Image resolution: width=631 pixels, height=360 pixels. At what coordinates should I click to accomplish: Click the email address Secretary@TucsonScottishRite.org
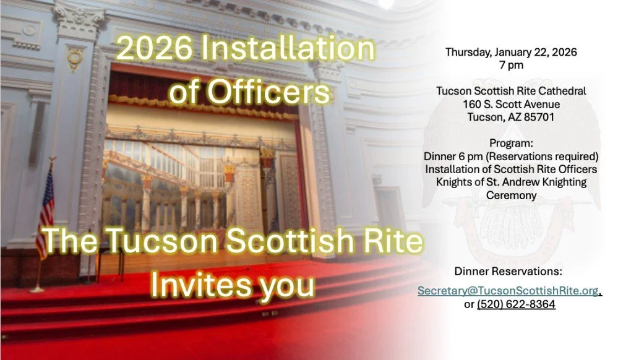click(x=509, y=291)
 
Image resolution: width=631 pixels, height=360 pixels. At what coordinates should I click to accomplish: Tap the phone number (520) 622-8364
click(x=516, y=304)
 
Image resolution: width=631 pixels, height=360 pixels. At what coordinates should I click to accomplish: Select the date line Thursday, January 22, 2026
click(x=511, y=52)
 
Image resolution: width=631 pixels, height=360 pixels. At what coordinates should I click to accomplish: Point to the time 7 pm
click(x=511, y=64)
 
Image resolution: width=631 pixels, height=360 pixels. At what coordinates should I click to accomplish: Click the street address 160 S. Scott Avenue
click(x=511, y=103)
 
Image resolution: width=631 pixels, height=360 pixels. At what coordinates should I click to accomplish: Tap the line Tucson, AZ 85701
click(x=511, y=116)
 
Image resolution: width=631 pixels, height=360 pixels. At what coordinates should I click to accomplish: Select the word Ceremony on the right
click(x=511, y=195)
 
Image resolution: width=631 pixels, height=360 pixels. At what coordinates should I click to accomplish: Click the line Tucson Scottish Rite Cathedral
click(x=511, y=91)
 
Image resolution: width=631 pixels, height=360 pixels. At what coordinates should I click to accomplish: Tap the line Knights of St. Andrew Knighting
click(x=511, y=182)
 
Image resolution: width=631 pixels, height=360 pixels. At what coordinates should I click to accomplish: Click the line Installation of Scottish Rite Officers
click(x=511, y=168)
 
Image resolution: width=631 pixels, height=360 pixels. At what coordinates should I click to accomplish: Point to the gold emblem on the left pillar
click(x=75, y=58)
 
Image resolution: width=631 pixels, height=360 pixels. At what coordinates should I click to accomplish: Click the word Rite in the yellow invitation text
click(x=392, y=242)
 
